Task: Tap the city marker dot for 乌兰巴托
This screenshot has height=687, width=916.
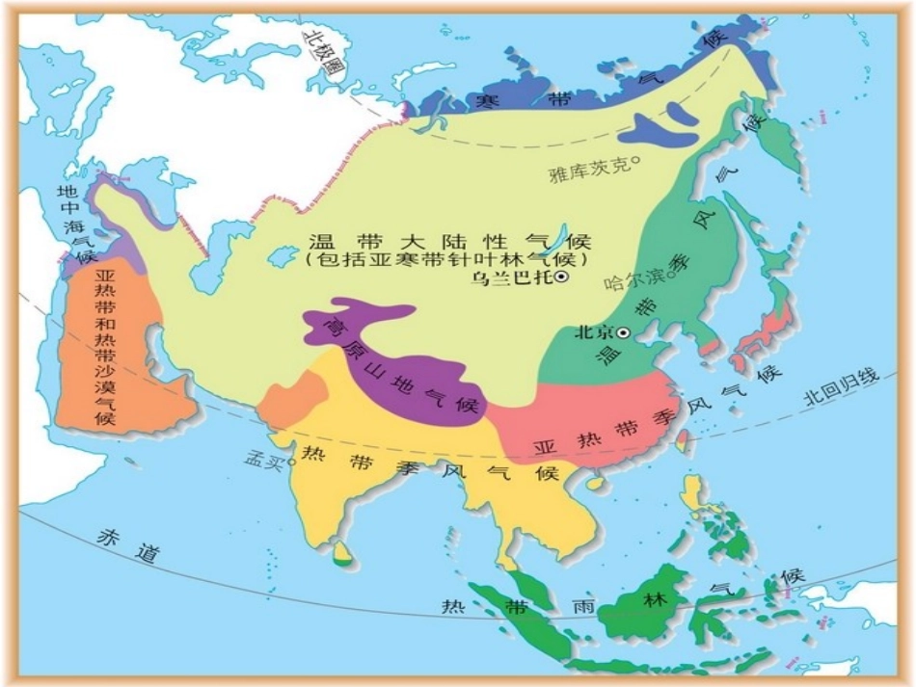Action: point(561,277)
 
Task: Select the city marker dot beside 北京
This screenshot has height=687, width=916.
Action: point(624,332)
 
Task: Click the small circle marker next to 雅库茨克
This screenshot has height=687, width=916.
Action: point(636,162)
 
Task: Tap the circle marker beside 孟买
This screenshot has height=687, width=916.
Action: point(289,461)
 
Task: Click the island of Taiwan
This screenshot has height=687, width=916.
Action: point(682,439)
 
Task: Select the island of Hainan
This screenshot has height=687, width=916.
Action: point(597,480)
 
